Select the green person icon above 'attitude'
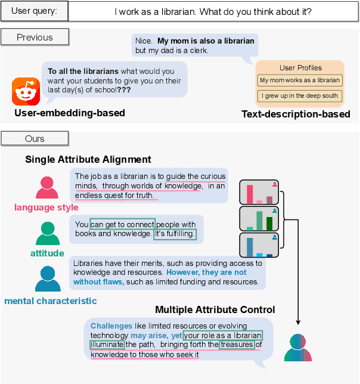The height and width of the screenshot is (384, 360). coord(47,234)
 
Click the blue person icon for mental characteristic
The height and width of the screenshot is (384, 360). coord(48,278)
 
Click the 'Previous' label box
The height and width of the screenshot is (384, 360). coord(35,37)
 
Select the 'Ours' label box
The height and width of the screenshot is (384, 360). coord(35,138)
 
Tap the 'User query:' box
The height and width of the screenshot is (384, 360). coord(35,11)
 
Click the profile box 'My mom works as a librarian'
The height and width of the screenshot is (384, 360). coord(300,80)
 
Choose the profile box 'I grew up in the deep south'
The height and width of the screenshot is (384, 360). coord(300,95)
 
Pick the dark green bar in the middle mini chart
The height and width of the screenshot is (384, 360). coord(269,223)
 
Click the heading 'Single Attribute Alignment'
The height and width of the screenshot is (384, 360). coord(88,160)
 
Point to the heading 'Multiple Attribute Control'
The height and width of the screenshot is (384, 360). coord(215,309)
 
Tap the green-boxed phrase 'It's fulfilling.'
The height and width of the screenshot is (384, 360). coord(175,234)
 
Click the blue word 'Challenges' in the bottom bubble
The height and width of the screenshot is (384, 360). coord(111,326)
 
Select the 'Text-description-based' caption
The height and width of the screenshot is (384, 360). coord(296,114)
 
